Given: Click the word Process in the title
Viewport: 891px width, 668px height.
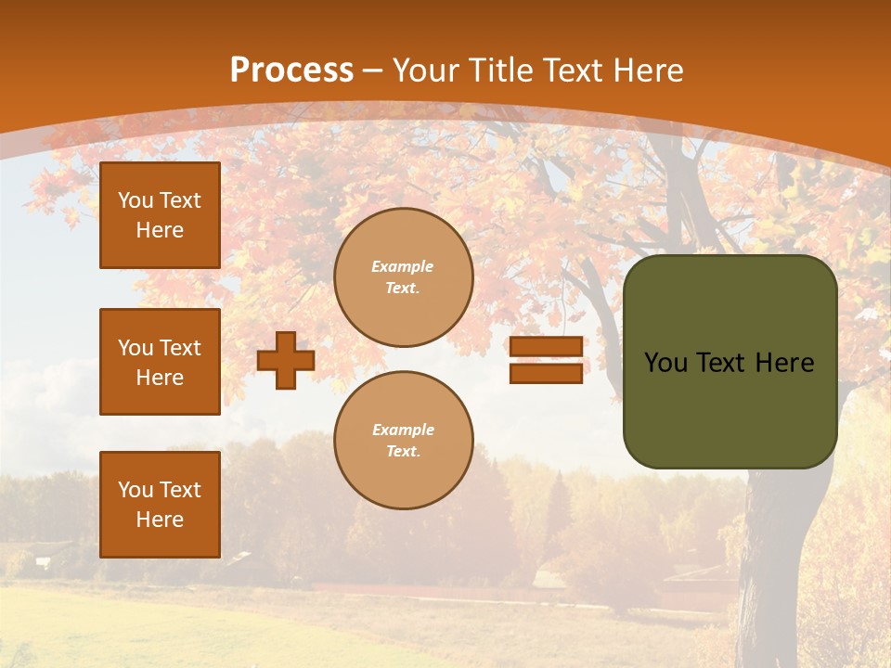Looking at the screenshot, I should pyautogui.click(x=291, y=71).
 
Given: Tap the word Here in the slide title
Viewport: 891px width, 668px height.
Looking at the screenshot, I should pyautogui.click(x=649, y=71).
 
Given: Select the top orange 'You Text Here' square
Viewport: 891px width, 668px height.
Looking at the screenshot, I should pyautogui.click(x=160, y=215).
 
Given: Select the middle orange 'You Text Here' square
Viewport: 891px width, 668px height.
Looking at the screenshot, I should pyautogui.click(x=160, y=362).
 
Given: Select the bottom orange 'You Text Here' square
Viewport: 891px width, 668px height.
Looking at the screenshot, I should pyautogui.click(x=160, y=505).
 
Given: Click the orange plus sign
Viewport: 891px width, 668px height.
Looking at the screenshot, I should pyautogui.click(x=286, y=360).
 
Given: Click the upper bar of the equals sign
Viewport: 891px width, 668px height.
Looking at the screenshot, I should pyautogui.click(x=546, y=346).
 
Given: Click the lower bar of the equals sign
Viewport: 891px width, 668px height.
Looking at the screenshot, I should pyautogui.click(x=546, y=373).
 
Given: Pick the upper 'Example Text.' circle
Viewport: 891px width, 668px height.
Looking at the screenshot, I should pyautogui.click(x=404, y=277).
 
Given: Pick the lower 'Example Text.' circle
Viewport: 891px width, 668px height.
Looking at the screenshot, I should pyautogui.click(x=404, y=440).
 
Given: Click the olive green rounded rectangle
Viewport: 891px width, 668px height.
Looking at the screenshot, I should pyautogui.click(x=730, y=408).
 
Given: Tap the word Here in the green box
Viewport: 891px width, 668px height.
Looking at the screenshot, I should pyautogui.click(x=784, y=363).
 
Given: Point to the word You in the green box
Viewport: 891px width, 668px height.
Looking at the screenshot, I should pyautogui.click(x=665, y=363).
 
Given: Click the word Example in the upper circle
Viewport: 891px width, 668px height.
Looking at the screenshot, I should pyautogui.click(x=403, y=266).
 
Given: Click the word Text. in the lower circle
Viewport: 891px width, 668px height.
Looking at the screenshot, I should pyautogui.click(x=403, y=452).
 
